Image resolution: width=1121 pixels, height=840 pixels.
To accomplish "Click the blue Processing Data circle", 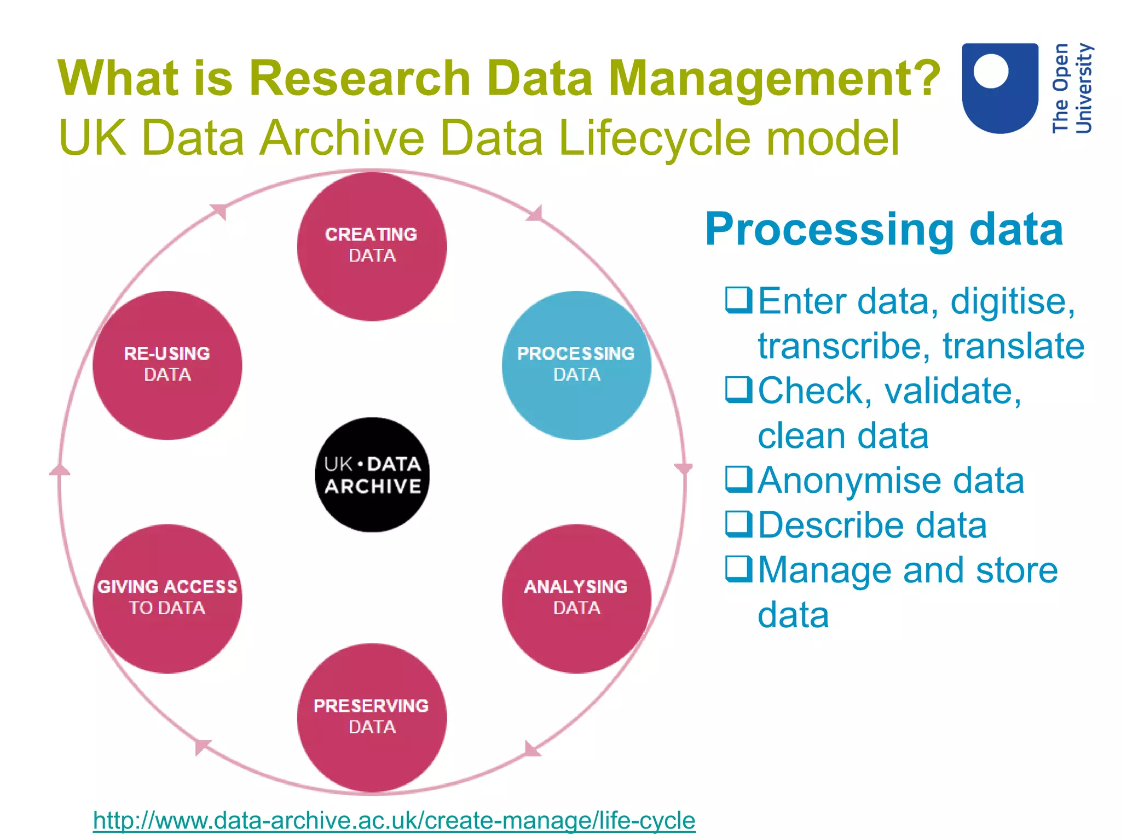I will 576,365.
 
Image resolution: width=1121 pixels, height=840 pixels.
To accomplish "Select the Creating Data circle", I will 372,246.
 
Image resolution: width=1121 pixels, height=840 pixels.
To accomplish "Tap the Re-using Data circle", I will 167,365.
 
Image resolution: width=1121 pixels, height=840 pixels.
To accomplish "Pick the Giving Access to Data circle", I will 167,598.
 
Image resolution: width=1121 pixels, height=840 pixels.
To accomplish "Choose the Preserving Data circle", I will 372,717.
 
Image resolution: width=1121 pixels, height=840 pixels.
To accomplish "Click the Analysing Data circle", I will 576,598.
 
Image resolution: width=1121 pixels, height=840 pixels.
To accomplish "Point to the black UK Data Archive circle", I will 372,475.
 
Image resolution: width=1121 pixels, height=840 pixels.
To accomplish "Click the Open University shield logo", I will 1000,87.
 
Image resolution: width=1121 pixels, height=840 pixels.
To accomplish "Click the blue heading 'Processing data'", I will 883,229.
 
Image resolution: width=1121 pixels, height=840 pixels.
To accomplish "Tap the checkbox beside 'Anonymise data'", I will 738,479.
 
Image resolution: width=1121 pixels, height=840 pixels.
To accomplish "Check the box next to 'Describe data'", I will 738,524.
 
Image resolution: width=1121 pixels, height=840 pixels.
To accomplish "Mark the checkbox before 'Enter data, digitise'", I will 738,300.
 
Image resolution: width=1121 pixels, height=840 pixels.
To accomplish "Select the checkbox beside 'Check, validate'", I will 738,389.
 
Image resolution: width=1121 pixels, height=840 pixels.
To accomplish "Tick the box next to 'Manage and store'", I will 738,569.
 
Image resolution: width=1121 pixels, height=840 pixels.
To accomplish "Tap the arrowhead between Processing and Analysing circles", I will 683,469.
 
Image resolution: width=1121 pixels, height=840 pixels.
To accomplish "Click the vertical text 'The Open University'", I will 1072,88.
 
